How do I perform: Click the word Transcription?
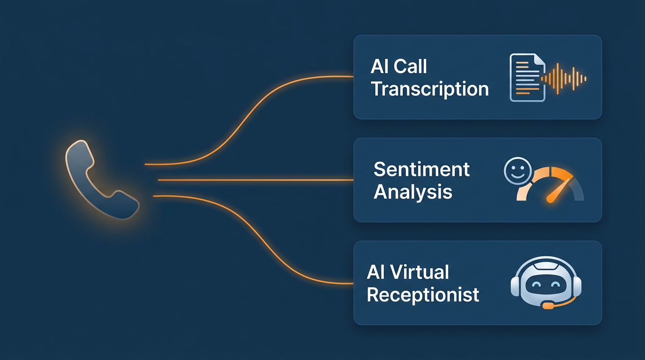(x=430, y=89)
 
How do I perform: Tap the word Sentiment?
(x=421, y=169)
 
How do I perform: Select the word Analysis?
(x=413, y=192)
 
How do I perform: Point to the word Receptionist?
(x=423, y=294)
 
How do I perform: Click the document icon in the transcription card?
(x=527, y=77)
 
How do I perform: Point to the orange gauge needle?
(x=559, y=191)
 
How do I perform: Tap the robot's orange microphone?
(x=547, y=306)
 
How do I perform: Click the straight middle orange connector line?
(x=255, y=180)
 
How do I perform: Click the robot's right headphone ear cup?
(x=576, y=285)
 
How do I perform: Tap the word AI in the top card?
(x=379, y=67)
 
